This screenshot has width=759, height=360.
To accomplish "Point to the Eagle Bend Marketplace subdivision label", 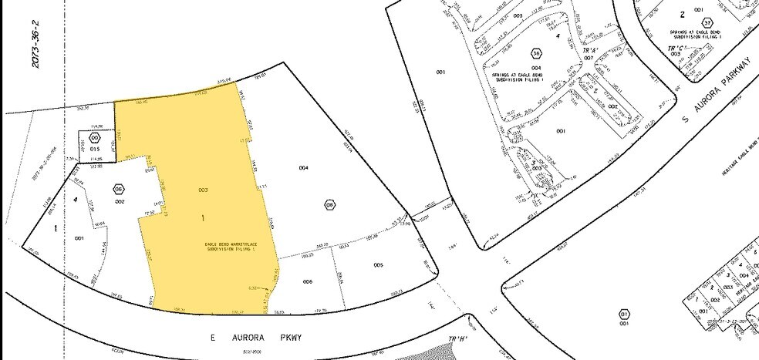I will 229,247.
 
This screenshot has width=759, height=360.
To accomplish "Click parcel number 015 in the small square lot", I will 96,148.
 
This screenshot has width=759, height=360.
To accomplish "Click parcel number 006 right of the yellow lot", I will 307,281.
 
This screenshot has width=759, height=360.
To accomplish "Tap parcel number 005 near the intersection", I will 378,264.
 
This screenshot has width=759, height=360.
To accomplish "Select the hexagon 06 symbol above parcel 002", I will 118,189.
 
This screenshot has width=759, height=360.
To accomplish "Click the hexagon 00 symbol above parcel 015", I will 96,137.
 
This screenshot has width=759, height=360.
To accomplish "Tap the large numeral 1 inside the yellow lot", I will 203,219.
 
